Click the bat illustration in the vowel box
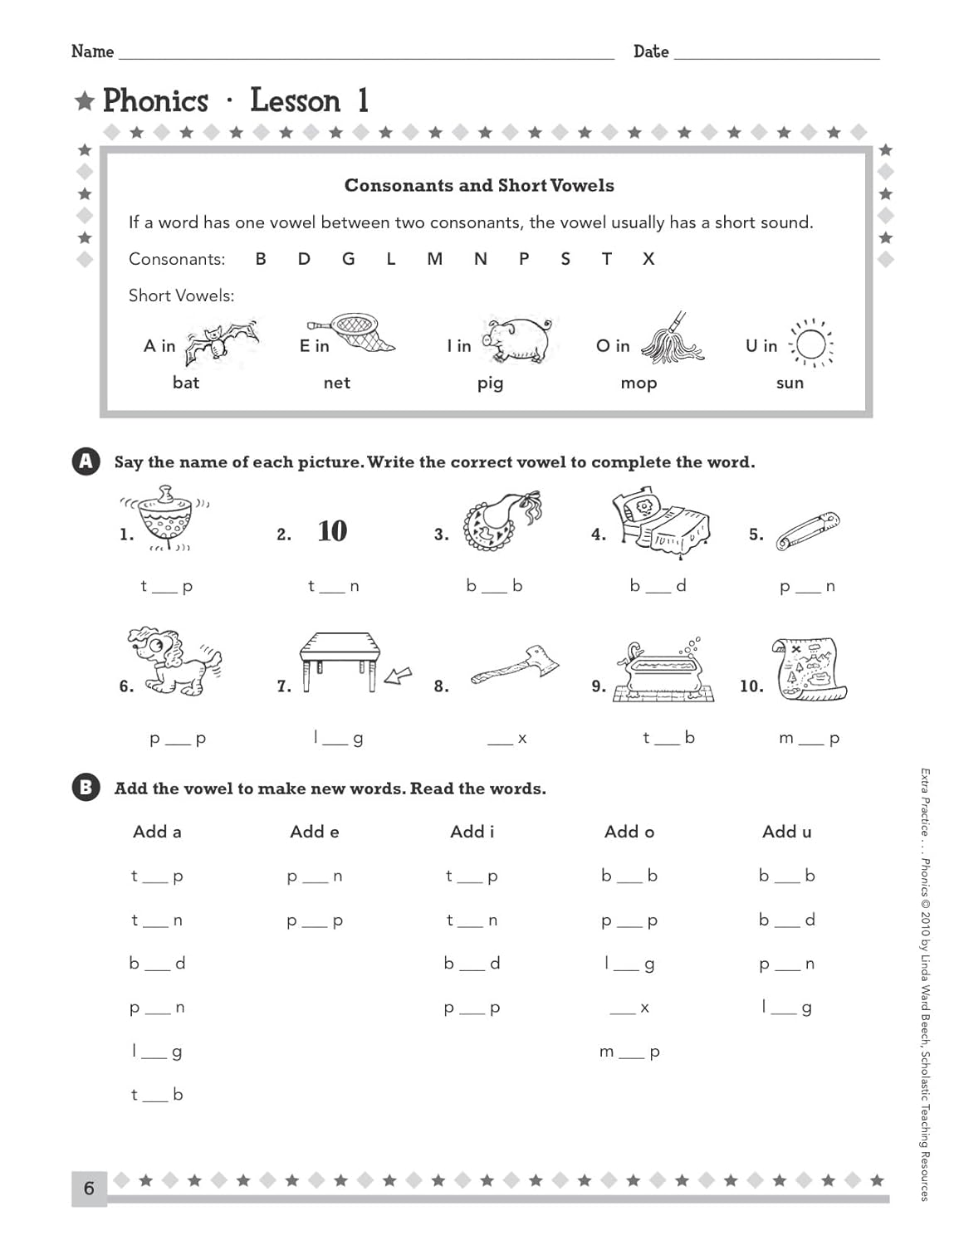tap(219, 342)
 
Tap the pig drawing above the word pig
tap(518, 339)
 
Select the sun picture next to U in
tap(810, 344)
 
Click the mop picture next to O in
tap(673, 340)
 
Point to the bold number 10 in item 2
tap(332, 531)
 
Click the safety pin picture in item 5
tap(807, 532)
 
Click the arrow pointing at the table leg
tap(398, 676)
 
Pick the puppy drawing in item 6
tap(175, 662)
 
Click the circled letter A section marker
tap(86, 461)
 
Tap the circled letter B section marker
tap(86, 788)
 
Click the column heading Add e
tap(314, 832)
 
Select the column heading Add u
tap(786, 832)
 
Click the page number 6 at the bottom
tap(89, 1189)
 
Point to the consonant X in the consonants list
tap(648, 259)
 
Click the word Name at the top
tap(92, 51)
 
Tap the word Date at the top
tap(650, 51)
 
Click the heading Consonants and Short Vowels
tap(479, 186)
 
